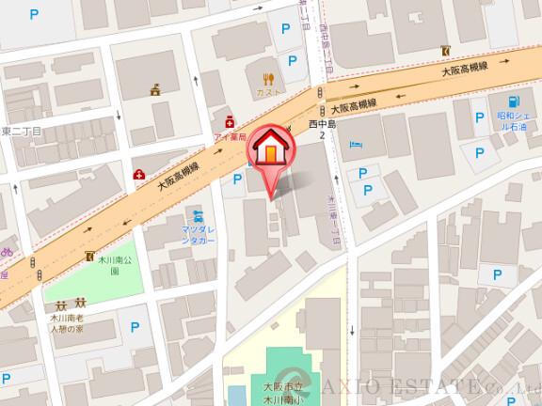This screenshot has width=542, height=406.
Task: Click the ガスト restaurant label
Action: (x=269, y=95)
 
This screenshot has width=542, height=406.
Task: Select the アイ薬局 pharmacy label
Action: (x=230, y=136)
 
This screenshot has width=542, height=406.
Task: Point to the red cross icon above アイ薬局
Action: (x=229, y=122)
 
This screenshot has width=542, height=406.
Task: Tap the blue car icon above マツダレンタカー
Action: (x=197, y=215)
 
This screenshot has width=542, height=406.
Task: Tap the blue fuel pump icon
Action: (x=513, y=101)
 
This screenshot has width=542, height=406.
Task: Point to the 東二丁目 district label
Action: (x=21, y=133)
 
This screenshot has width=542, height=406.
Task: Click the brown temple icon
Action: (x=156, y=90)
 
